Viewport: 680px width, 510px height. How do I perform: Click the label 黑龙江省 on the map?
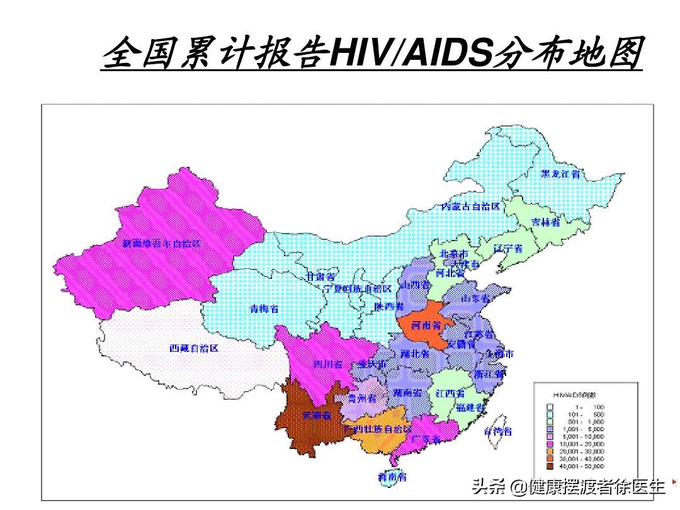tap(560, 174)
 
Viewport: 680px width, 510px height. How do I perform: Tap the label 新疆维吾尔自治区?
tap(162, 243)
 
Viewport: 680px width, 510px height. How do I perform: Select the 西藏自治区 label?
tap(193, 348)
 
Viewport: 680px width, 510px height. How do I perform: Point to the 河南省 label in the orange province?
tap(426, 326)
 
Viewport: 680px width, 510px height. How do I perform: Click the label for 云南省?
tap(316, 415)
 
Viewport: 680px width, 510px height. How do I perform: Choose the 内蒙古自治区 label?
tap(470, 207)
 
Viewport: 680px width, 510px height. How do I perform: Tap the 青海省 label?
tap(264, 309)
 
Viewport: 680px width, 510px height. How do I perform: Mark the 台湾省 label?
tap(498, 432)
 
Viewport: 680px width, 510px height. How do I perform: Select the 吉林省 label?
tap(546, 222)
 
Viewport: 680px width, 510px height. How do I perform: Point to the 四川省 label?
tap(328, 364)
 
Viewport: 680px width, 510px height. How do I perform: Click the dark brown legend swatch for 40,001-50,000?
tap(550, 467)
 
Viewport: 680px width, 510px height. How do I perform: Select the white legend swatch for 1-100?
tap(550, 407)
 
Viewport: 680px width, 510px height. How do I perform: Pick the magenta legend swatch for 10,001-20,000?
tap(550, 444)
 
